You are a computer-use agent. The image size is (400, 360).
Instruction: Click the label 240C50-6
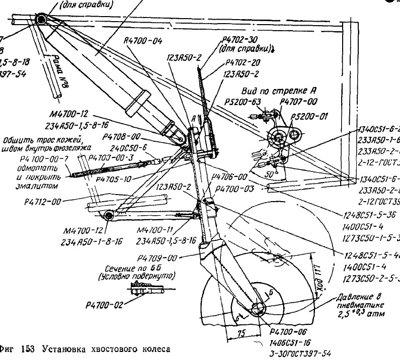pyautogui.click(x=132, y=148)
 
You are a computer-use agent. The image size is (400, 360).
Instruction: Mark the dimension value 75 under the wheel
pyautogui.click(x=243, y=333)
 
